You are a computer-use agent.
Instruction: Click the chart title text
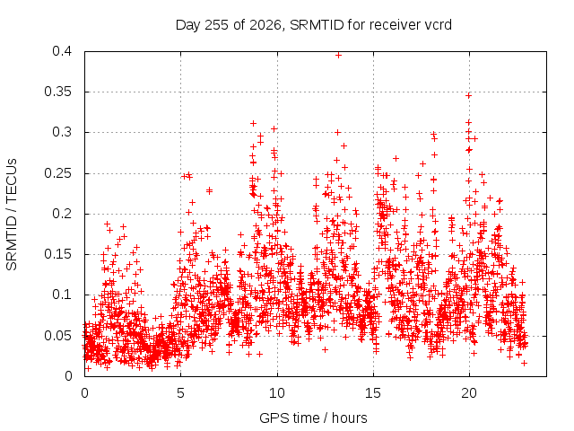(x=314, y=25)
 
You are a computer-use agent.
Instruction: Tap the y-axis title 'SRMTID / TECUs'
(x=12, y=215)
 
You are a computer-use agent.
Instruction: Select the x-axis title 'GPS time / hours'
(x=313, y=418)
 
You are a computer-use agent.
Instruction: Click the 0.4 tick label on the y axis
(x=62, y=51)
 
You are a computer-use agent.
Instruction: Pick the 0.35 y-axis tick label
(x=57, y=92)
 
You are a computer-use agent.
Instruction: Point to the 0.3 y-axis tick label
(x=62, y=132)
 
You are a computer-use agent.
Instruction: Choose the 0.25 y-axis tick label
(x=57, y=173)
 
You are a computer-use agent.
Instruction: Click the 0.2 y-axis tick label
(x=62, y=214)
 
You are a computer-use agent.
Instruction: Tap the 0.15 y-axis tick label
(x=57, y=254)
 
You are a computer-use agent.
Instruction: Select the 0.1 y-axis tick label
(x=62, y=295)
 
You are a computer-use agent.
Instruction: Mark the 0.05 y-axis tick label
(x=57, y=335)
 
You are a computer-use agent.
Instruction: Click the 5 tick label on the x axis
(x=181, y=393)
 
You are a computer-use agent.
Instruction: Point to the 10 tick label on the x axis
(x=277, y=393)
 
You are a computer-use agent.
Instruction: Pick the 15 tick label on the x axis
(x=373, y=393)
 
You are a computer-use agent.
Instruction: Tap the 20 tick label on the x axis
(x=469, y=393)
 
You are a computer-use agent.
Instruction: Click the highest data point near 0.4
(x=339, y=56)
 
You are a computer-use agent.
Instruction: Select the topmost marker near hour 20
(x=468, y=96)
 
